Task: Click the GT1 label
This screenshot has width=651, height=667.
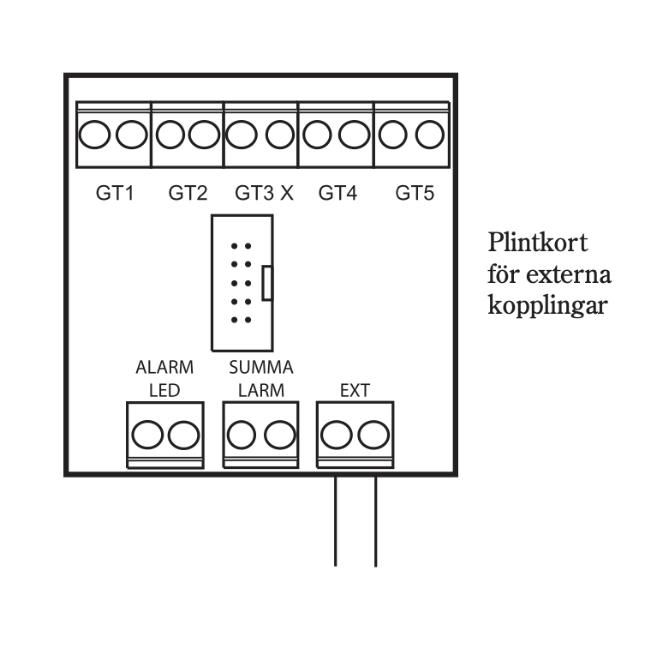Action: (115, 194)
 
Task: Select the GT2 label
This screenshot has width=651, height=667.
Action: (188, 194)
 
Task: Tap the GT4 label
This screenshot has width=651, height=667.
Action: (337, 194)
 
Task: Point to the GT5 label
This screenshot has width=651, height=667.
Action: (415, 194)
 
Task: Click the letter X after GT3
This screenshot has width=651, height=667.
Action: (286, 194)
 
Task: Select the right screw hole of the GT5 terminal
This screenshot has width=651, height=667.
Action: (428, 135)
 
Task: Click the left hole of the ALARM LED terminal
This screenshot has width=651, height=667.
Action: (146, 436)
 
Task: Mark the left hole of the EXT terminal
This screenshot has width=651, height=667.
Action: (335, 436)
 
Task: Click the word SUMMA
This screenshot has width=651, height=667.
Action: (261, 369)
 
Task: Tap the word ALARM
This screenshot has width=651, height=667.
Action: (164, 369)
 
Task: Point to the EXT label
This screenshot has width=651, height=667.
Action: (355, 392)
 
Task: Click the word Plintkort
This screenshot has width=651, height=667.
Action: (538, 243)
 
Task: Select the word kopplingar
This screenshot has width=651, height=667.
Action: (548, 305)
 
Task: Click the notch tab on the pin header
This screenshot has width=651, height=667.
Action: (267, 283)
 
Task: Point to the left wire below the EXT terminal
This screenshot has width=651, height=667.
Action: (335, 523)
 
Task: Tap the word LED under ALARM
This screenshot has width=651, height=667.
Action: (164, 392)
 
